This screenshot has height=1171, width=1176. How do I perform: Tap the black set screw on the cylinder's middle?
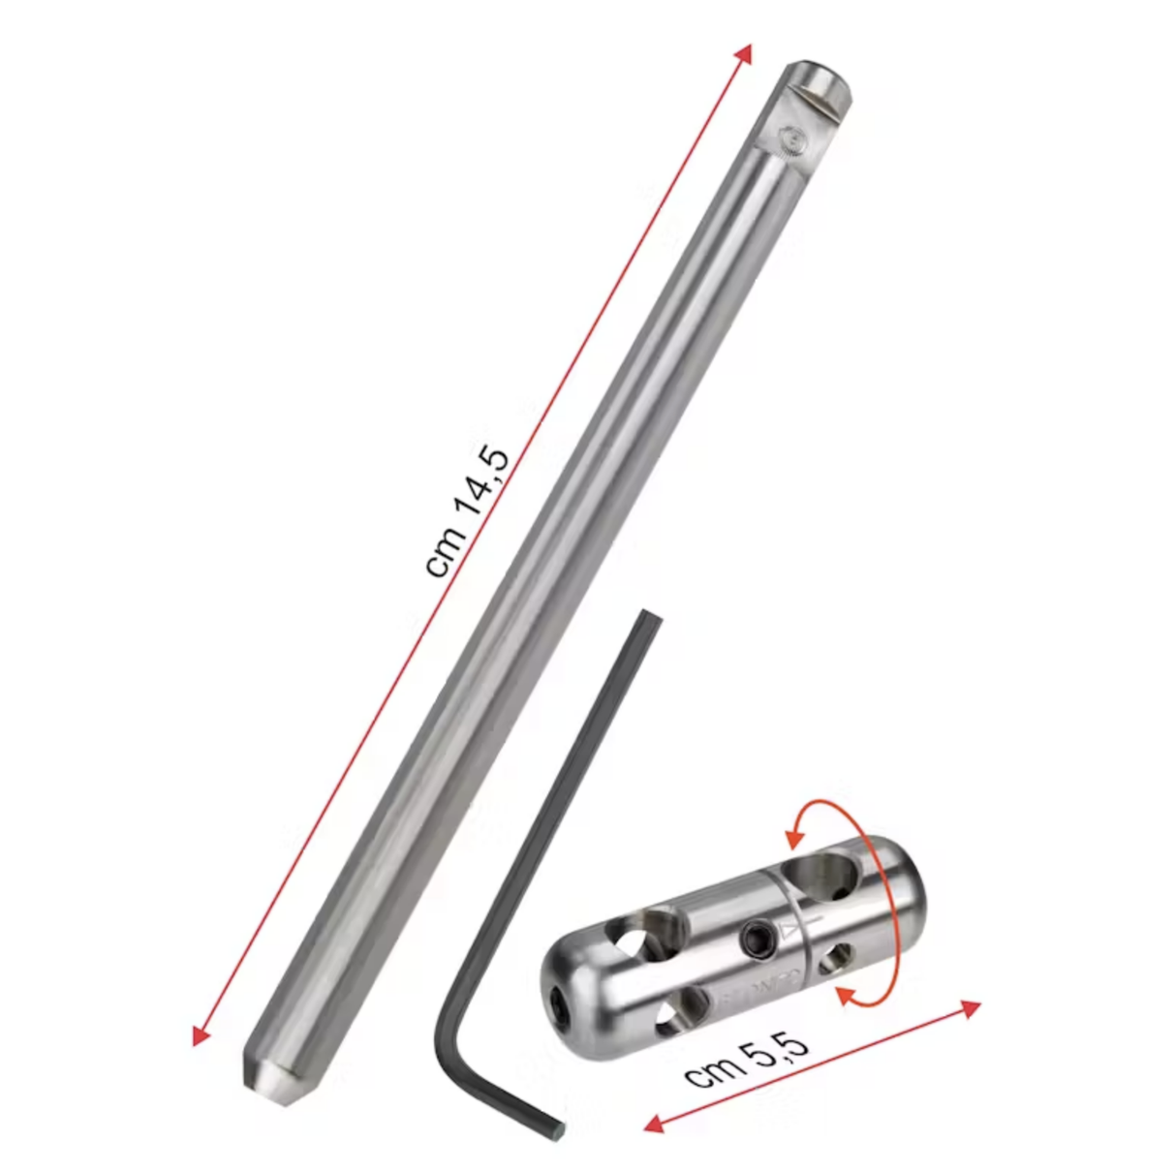(754, 937)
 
